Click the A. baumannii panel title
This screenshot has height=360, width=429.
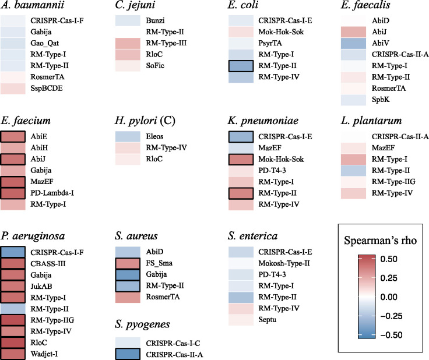pyautogui.click(x=30, y=8)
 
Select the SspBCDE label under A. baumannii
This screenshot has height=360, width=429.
pyautogui.click(x=47, y=88)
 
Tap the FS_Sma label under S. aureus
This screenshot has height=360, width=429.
pyautogui.click(x=159, y=263)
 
